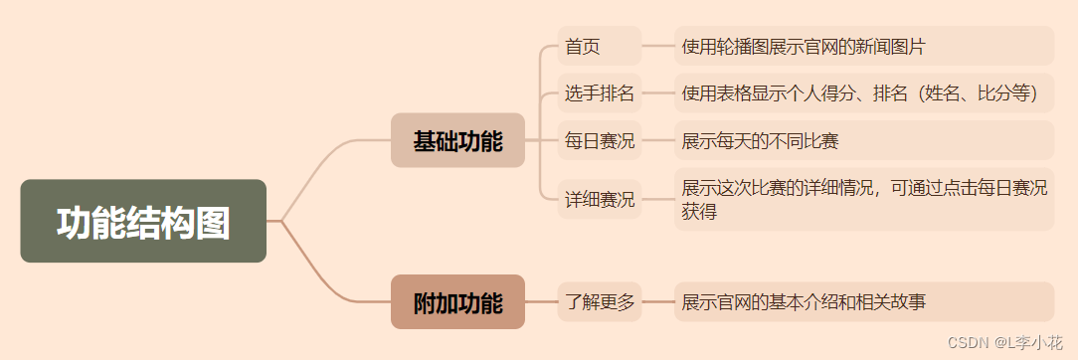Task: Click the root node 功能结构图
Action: pos(143,221)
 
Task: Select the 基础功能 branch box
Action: pos(457,140)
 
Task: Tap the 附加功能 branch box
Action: pos(457,301)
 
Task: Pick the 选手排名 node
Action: pos(599,93)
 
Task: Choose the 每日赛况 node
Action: pos(599,140)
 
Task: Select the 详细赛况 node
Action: pos(599,199)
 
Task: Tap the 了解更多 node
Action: pos(599,301)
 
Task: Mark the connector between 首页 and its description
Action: pos(657,46)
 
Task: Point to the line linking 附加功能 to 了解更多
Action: pos(541,301)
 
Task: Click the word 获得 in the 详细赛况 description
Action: pos(699,211)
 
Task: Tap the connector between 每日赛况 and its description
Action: pos(657,140)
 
